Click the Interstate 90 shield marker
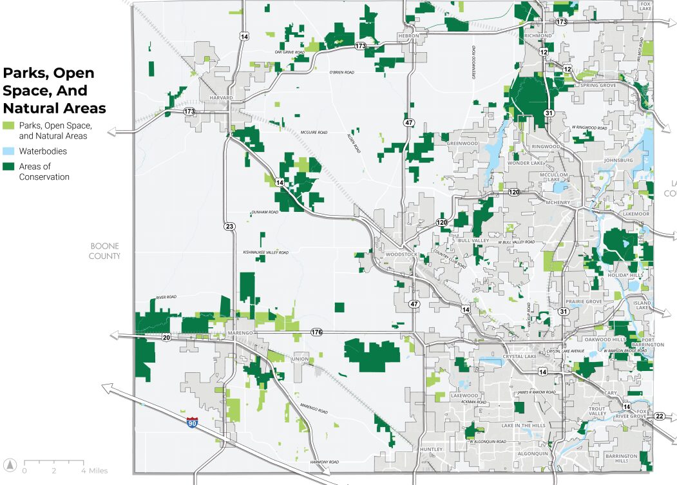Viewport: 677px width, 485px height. [x=192, y=423]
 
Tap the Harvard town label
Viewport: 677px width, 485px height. [x=220, y=98]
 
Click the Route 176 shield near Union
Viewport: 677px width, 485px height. [x=316, y=332]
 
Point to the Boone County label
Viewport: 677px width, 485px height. [x=106, y=251]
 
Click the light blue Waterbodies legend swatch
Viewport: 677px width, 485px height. [x=9, y=151]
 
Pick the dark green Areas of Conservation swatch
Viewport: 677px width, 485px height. [x=9, y=167]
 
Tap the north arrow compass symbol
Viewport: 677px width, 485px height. [x=10, y=464]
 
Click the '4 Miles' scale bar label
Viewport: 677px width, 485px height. [x=94, y=471]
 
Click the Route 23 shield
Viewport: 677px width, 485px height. [x=230, y=226]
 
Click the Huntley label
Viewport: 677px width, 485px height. [x=431, y=449]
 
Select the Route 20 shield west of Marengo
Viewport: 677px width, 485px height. [x=166, y=338]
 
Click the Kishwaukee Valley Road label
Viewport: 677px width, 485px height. [x=265, y=252]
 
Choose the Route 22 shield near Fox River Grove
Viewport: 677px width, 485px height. [x=659, y=416]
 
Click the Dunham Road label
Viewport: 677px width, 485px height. [x=264, y=212]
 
